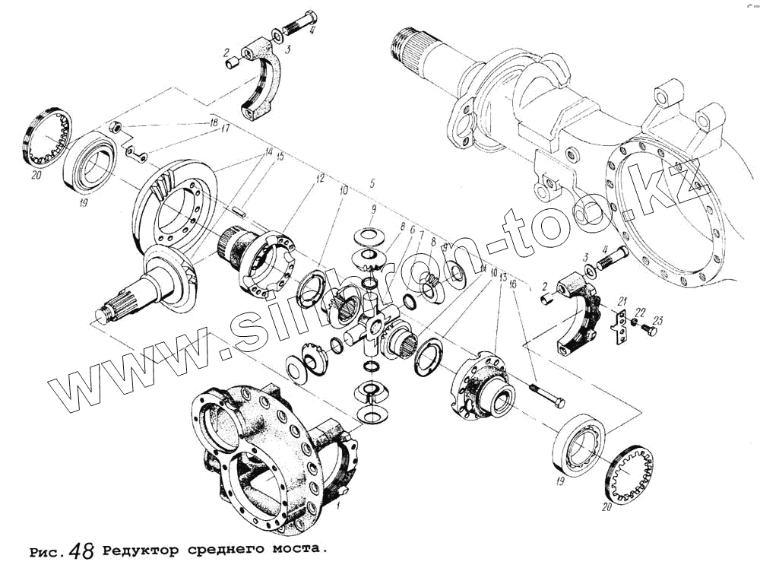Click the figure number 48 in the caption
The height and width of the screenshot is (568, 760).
(81, 551)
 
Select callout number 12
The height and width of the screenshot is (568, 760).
(321, 179)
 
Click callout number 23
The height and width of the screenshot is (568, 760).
(658, 320)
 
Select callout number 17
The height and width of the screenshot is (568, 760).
(225, 129)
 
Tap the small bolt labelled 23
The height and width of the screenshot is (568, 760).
(648, 332)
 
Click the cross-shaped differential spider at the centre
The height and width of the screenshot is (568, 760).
(372, 325)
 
